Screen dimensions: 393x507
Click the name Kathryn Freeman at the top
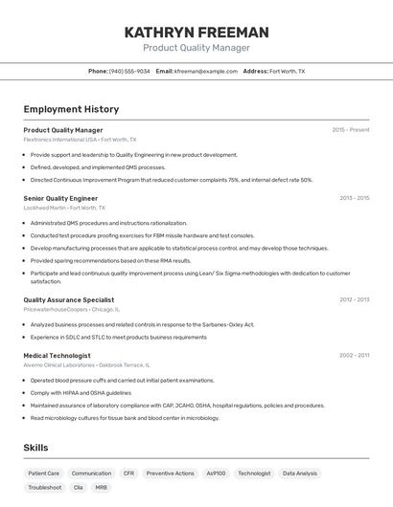click(196, 33)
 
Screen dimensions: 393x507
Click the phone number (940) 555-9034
click(129, 72)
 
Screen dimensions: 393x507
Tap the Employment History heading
click(71, 110)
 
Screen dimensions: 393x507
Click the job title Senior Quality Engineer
click(60, 198)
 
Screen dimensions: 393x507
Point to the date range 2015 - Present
click(350, 130)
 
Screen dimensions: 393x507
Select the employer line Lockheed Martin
click(64, 208)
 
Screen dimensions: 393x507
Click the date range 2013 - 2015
click(354, 198)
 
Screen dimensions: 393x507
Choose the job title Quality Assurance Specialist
click(69, 299)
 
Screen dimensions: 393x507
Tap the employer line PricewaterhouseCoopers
click(72, 309)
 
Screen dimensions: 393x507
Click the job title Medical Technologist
click(57, 355)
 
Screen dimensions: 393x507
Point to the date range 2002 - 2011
click(354, 355)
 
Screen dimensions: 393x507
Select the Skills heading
click(35, 448)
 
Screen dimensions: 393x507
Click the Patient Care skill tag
click(43, 473)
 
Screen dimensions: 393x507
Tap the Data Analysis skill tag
click(299, 473)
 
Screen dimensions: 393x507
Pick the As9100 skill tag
click(216, 473)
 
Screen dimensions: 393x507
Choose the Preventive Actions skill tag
click(170, 473)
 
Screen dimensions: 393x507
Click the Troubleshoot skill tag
click(44, 487)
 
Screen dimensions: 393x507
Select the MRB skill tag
click(101, 487)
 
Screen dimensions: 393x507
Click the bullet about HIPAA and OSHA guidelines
click(81, 392)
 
